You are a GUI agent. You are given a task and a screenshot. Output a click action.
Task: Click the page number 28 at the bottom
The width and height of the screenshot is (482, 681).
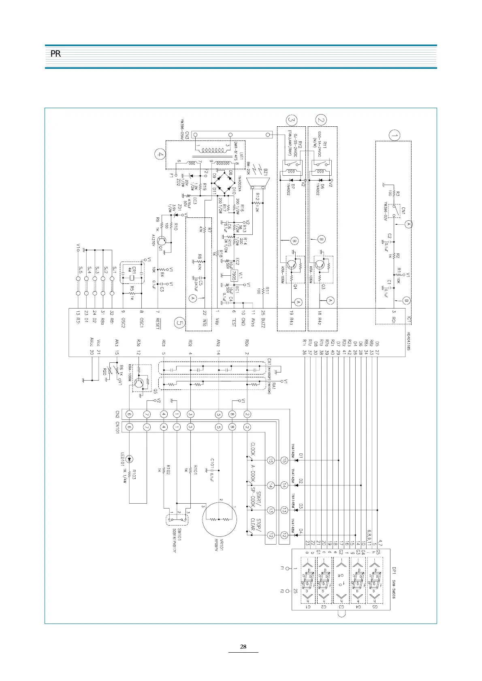(x=243, y=647)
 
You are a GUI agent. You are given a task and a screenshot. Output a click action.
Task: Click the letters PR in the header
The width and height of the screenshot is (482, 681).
(x=55, y=54)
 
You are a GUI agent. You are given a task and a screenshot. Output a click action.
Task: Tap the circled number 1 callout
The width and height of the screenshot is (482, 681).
(x=394, y=135)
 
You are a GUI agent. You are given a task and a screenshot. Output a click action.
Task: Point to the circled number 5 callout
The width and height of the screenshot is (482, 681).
(x=180, y=323)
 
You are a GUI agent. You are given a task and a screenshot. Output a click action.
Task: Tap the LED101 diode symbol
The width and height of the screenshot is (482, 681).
(x=129, y=459)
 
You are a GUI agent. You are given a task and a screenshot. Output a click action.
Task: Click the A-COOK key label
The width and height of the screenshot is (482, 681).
(x=253, y=472)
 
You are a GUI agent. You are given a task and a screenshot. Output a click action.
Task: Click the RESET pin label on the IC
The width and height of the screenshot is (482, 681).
(x=158, y=323)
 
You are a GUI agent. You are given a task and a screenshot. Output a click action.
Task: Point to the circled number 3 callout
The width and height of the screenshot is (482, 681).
(x=291, y=120)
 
